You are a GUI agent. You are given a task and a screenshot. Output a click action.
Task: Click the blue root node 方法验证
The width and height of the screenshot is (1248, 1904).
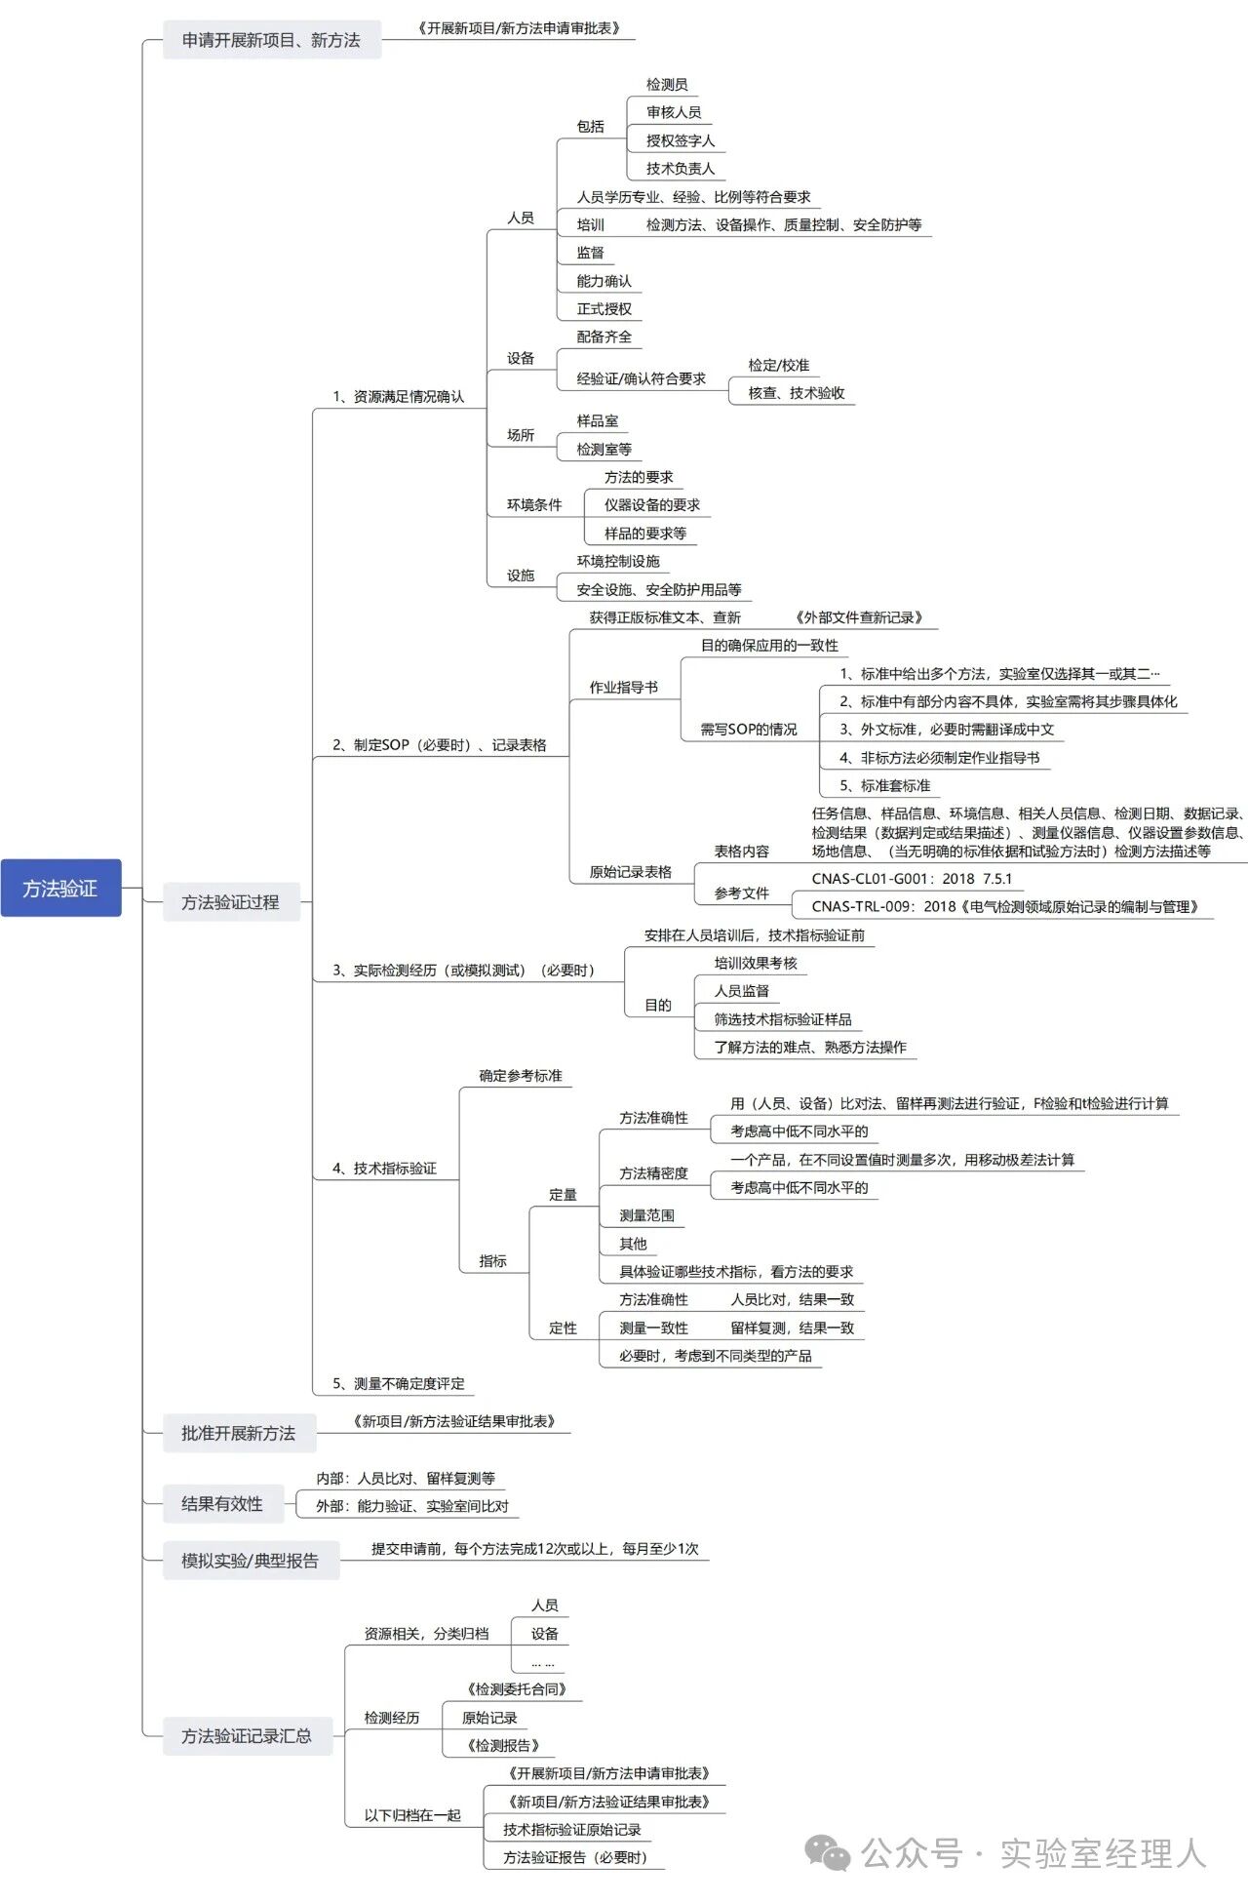60,888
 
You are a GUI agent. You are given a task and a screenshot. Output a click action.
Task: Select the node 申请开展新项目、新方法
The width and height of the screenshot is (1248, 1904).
271,40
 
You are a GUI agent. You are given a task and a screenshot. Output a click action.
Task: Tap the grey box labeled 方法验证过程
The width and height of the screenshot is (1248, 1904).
230,902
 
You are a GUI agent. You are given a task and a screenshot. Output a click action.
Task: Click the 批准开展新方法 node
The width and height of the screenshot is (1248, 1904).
238,1433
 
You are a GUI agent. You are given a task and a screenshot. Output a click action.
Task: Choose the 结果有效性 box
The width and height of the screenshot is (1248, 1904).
222,1503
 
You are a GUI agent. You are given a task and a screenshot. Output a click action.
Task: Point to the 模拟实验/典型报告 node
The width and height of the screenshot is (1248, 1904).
250,1560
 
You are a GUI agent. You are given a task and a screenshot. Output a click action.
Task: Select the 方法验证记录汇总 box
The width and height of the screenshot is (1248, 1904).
247,1735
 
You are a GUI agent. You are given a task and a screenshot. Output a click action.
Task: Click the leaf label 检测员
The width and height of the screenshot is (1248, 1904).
667,85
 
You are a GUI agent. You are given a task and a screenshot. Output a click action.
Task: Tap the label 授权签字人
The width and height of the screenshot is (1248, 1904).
681,140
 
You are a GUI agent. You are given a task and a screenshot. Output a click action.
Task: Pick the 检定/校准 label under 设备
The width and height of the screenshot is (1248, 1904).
779,365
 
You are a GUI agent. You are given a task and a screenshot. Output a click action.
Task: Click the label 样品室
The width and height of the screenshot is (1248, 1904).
598,420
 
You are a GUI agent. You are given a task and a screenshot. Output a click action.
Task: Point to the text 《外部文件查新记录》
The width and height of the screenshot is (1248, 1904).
859,617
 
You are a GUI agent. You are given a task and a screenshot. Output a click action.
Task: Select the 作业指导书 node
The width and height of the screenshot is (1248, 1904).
624,687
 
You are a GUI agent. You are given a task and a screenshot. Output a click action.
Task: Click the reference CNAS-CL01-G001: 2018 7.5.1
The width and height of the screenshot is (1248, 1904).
912,878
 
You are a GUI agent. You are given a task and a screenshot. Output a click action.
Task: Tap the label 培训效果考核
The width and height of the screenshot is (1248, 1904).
756,963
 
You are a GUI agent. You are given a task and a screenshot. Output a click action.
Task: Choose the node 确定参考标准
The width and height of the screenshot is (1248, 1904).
521,1075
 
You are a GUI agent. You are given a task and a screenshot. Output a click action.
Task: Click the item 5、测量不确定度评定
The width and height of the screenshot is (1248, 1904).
399,1383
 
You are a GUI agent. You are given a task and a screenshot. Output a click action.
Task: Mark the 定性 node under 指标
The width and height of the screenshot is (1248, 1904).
563,1328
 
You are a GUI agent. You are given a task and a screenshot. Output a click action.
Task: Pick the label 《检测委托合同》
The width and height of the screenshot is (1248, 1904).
517,1689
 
